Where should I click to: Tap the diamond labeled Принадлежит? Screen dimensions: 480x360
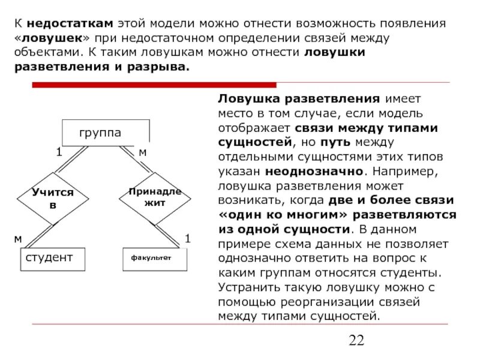click(x=154, y=197)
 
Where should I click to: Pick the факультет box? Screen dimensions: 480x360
click(x=155, y=258)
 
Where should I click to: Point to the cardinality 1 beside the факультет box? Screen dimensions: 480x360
click(x=187, y=239)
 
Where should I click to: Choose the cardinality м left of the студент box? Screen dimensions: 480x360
click(x=18, y=239)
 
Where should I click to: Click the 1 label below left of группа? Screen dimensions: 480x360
click(x=59, y=152)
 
